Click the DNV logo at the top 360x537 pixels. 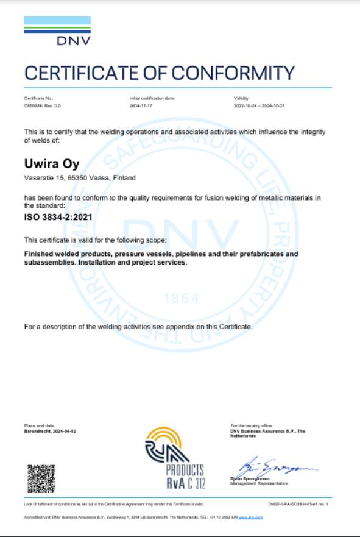point(57,32)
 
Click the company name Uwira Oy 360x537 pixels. point(43,163)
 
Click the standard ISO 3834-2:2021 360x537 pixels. point(51,216)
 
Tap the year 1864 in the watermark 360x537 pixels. point(182,299)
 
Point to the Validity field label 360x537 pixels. point(241,98)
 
